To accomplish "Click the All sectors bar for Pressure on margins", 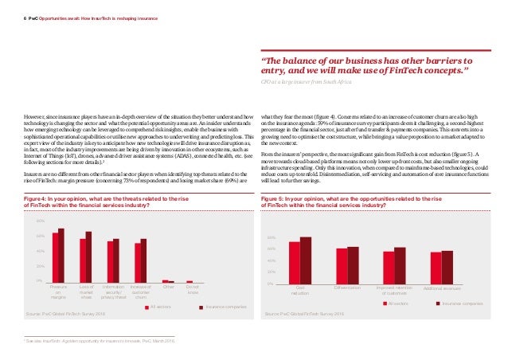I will tap(55, 257).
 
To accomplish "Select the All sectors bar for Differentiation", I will tap(341, 265).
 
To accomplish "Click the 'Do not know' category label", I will tap(191, 291).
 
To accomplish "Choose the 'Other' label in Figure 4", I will tap(168, 288).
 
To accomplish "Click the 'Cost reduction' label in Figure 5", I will tap(300, 292).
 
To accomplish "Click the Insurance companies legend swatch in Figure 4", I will tap(202, 306).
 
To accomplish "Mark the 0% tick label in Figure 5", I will tap(270, 284).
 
